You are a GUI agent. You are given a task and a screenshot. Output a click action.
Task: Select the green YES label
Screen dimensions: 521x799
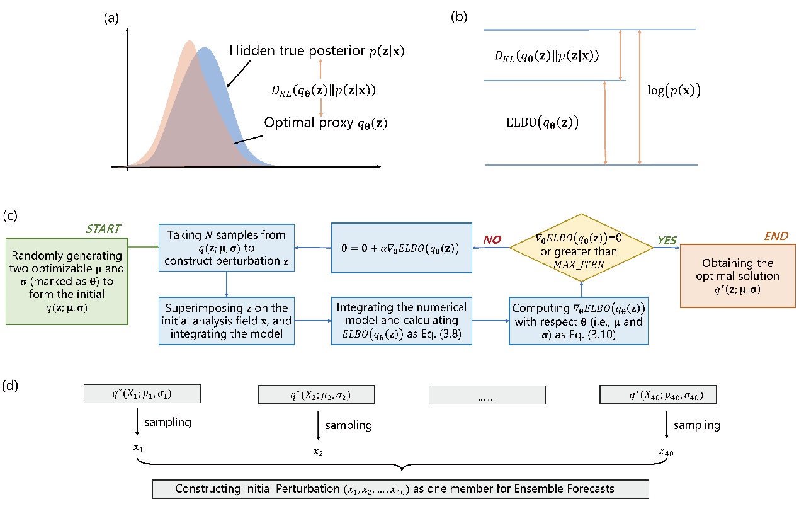(x=667, y=240)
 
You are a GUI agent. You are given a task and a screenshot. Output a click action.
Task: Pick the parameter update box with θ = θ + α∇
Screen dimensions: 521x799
(x=401, y=247)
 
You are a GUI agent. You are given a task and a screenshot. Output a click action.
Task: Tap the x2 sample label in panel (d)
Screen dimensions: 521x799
(x=317, y=452)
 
